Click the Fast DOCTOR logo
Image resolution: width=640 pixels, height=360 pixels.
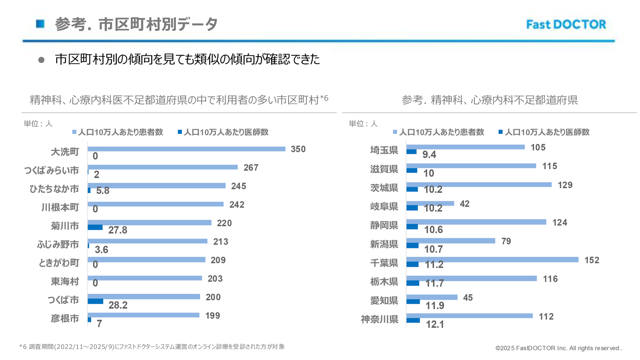click(x=566, y=25)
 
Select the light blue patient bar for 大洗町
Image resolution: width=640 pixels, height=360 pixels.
click(x=186, y=149)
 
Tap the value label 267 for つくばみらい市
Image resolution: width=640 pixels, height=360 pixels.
click(x=251, y=167)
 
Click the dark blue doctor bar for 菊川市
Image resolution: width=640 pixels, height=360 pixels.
click(x=95, y=227)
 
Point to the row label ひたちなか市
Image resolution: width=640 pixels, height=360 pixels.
click(x=54, y=189)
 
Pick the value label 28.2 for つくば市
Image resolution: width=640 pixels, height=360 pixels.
click(x=118, y=305)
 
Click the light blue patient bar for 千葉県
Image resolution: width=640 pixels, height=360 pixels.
click(x=492, y=260)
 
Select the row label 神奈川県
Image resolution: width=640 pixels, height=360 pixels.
click(x=379, y=319)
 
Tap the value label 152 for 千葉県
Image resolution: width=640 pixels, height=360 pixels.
click(x=592, y=260)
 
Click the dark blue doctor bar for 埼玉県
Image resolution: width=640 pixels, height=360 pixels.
click(x=411, y=152)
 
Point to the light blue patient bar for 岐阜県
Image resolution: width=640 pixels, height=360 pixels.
click(x=430, y=203)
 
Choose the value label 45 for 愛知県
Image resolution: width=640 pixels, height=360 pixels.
click(x=468, y=298)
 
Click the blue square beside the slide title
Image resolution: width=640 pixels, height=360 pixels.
click(x=40, y=24)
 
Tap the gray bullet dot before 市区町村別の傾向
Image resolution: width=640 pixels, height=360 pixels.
click(x=41, y=60)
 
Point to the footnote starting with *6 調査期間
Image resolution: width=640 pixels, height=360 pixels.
click(x=152, y=347)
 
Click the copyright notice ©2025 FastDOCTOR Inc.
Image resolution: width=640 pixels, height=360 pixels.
click(x=558, y=348)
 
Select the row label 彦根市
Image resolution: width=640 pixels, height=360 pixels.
click(x=65, y=319)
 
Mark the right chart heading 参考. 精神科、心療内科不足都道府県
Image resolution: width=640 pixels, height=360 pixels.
click(x=490, y=100)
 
